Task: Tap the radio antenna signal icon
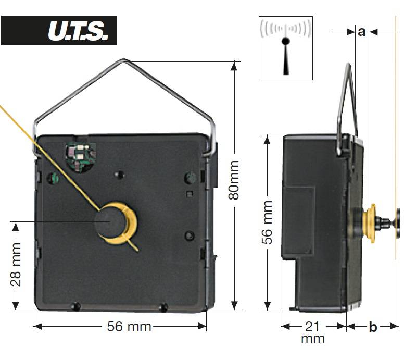point(285,47)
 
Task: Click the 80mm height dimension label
point(234,180)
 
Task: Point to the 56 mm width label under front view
point(129,327)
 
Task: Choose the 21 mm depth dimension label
point(312,332)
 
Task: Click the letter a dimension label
point(361,31)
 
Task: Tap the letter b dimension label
point(373,327)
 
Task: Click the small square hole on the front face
point(189,194)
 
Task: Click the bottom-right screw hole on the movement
point(163,307)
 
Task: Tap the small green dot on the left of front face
point(53,178)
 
